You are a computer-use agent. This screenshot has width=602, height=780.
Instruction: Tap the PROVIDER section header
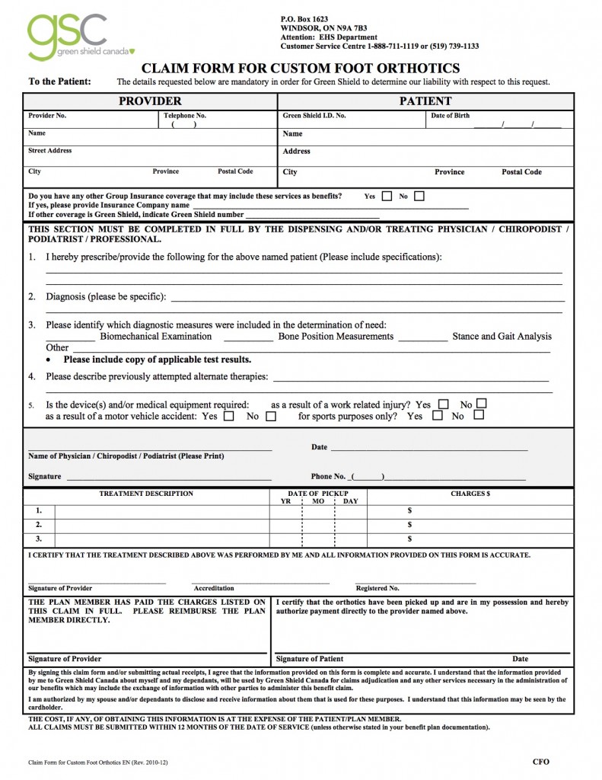(x=150, y=101)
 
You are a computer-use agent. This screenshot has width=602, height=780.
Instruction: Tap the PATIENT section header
(x=425, y=101)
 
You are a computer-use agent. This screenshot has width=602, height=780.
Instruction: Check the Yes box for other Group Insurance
(x=387, y=197)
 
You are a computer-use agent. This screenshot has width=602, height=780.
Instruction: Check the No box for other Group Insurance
(x=419, y=197)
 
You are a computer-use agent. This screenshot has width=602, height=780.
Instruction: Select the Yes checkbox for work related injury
(x=443, y=404)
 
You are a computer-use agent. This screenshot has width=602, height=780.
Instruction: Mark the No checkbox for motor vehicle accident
(x=270, y=417)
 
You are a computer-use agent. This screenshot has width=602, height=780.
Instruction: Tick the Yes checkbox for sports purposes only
(x=437, y=416)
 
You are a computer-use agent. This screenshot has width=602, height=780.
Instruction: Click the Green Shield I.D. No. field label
(x=314, y=117)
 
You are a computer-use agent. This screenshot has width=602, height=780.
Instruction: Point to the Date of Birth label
(x=450, y=117)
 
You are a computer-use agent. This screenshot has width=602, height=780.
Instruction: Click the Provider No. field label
(x=47, y=117)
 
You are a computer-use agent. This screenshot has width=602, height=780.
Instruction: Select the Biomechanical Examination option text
(x=156, y=336)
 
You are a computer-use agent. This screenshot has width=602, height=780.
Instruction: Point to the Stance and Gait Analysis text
(x=502, y=336)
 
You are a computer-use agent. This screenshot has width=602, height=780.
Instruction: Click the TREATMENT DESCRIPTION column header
(x=146, y=494)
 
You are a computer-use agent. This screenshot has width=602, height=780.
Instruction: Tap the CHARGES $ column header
(x=470, y=494)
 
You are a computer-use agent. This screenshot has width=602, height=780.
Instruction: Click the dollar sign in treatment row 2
(x=409, y=525)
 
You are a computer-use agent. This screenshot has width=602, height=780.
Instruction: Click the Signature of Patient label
(x=309, y=659)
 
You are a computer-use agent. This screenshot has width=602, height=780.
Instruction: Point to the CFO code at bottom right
(x=540, y=761)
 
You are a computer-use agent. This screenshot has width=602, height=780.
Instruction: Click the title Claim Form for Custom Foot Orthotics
(x=301, y=69)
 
